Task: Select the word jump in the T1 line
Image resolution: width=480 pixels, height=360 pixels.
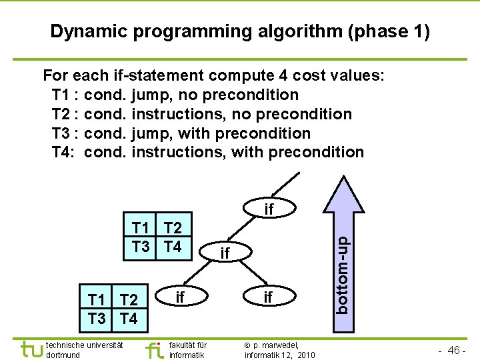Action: [154, 95]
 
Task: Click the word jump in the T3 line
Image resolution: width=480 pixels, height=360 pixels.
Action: [154, 133]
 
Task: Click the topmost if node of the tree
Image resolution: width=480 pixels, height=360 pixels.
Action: [269, 209]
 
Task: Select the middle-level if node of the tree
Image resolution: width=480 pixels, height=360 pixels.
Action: [225, 253]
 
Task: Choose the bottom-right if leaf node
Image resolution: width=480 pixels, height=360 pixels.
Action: [268, 296]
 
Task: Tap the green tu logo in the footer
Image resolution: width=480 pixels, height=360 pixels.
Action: [31, 349]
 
